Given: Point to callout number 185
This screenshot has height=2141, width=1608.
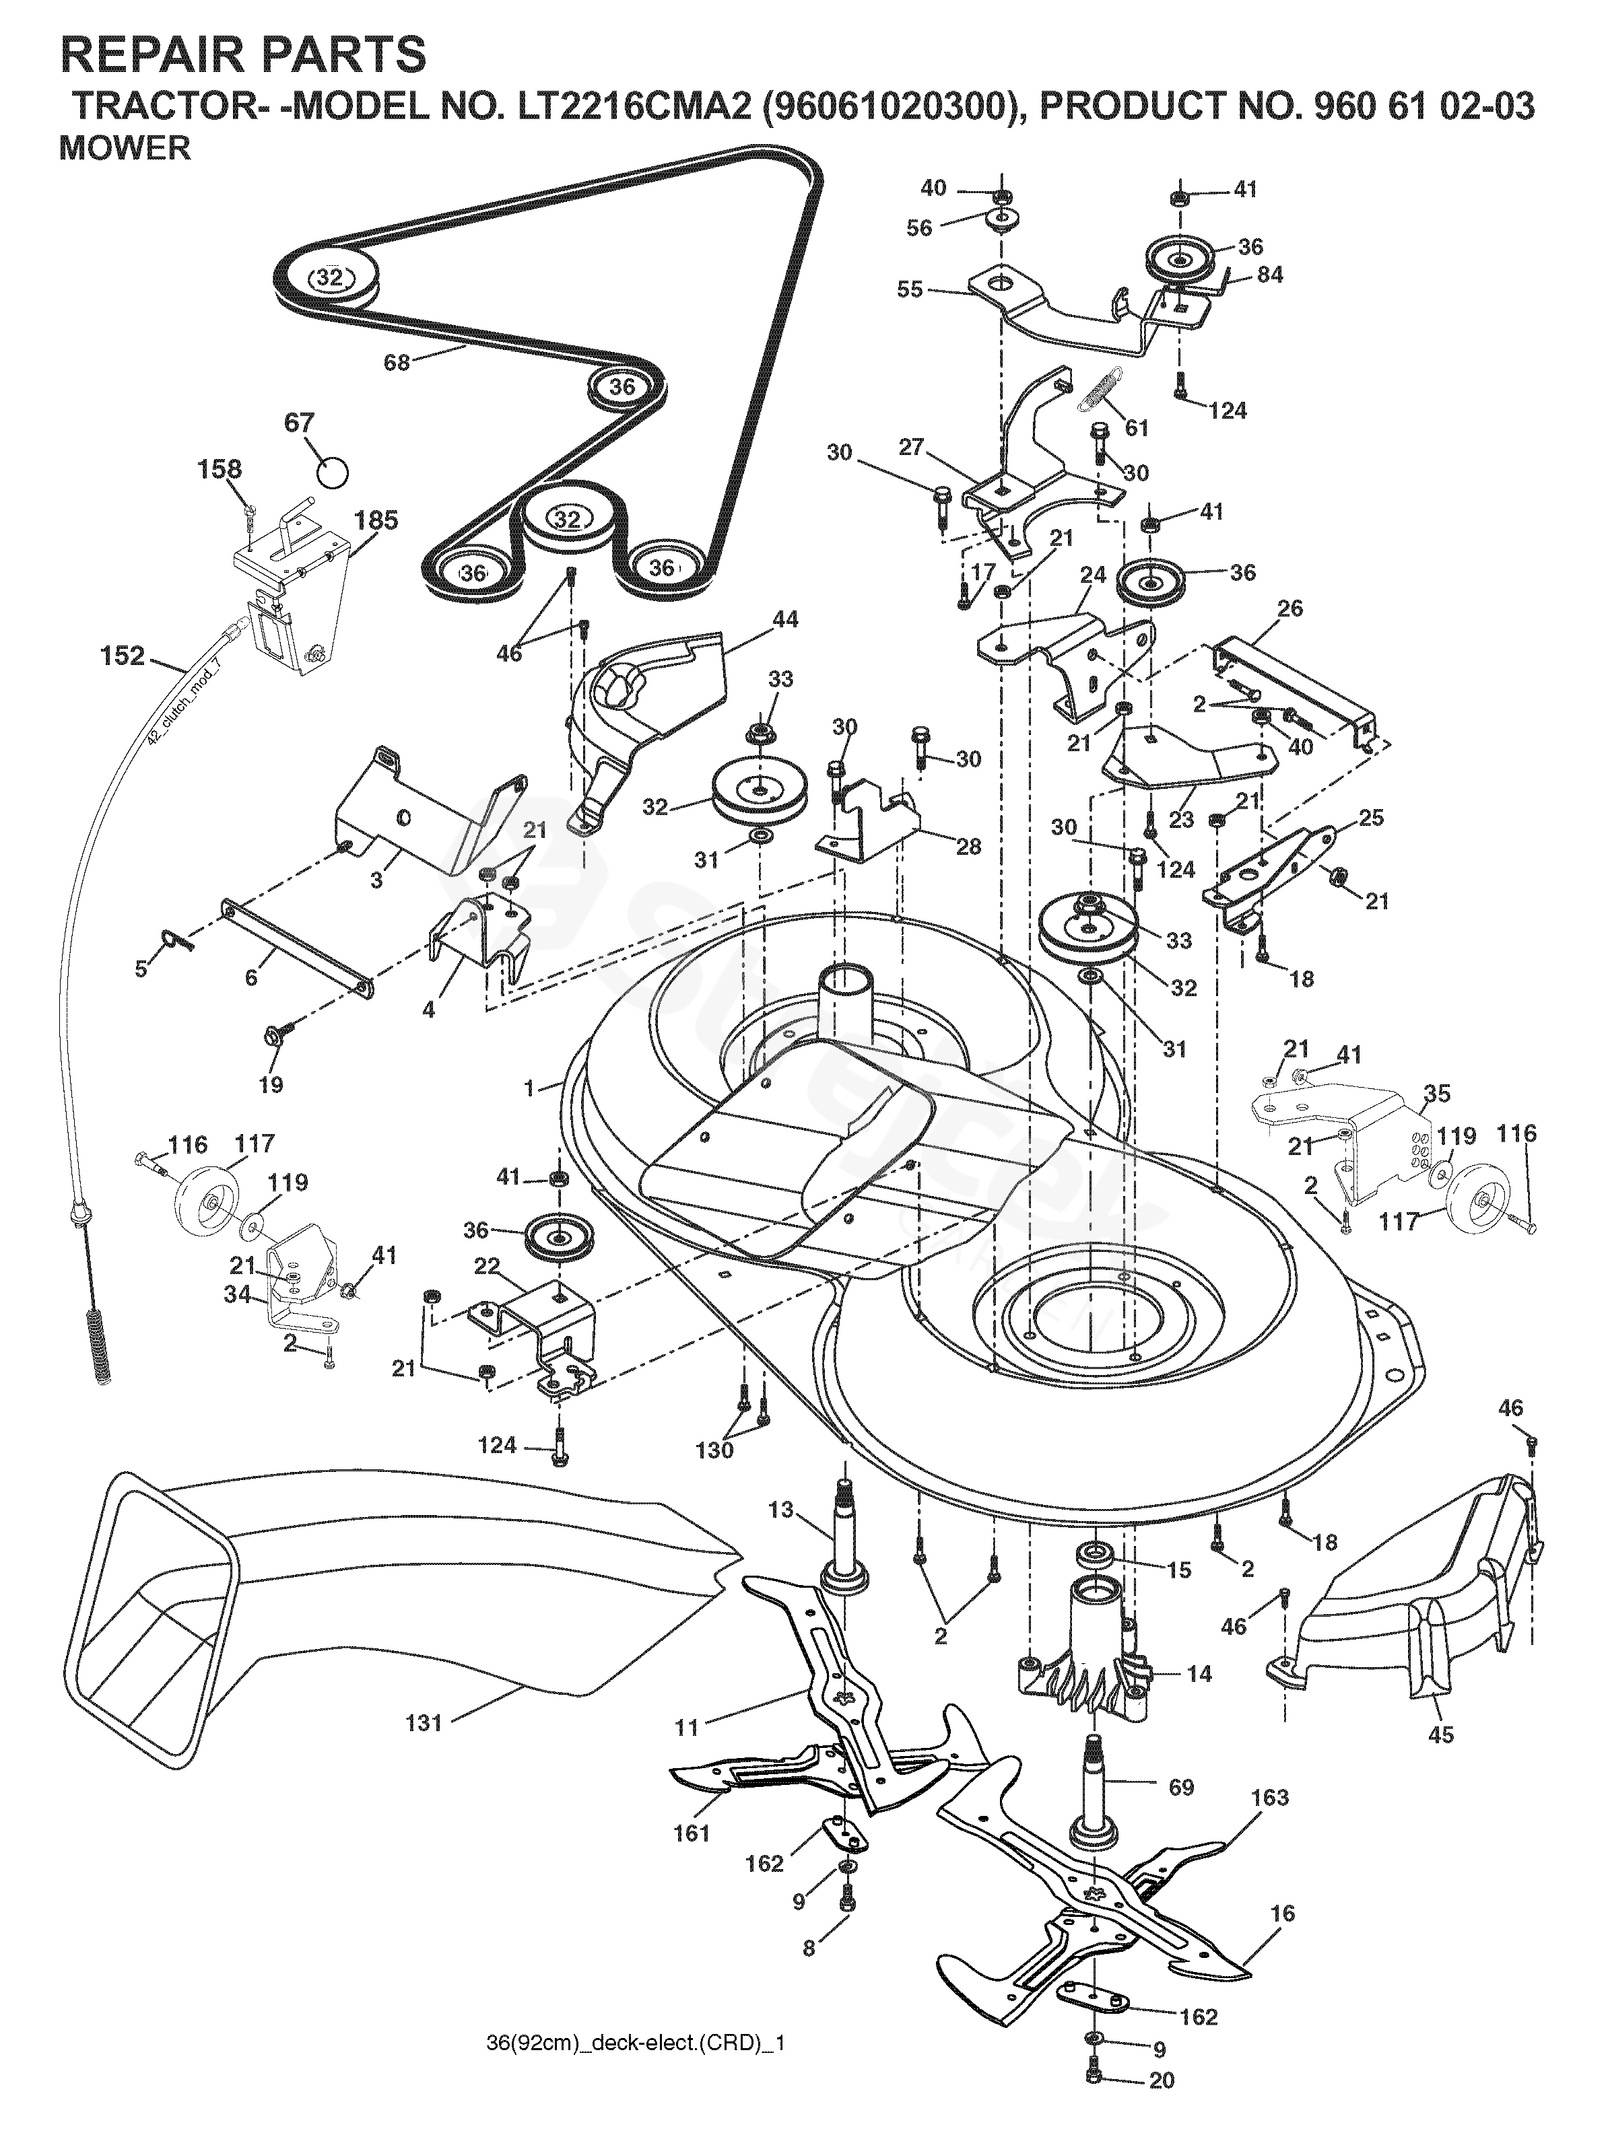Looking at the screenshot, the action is click(x=376, y=521).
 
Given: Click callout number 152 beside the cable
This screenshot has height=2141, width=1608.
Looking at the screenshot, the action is click(x=123, y=656).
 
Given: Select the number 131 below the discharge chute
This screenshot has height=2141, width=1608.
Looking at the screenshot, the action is click(x=423, y=1723).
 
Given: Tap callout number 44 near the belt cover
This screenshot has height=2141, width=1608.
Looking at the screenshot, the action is click(x=786, y=619).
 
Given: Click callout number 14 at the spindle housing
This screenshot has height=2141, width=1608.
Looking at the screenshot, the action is click(x=1199, y=1673).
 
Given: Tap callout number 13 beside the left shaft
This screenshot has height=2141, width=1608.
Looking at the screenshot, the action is click(x=781, y=1510).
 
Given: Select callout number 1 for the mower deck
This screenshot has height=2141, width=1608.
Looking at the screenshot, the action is click(x=529, y=1089).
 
